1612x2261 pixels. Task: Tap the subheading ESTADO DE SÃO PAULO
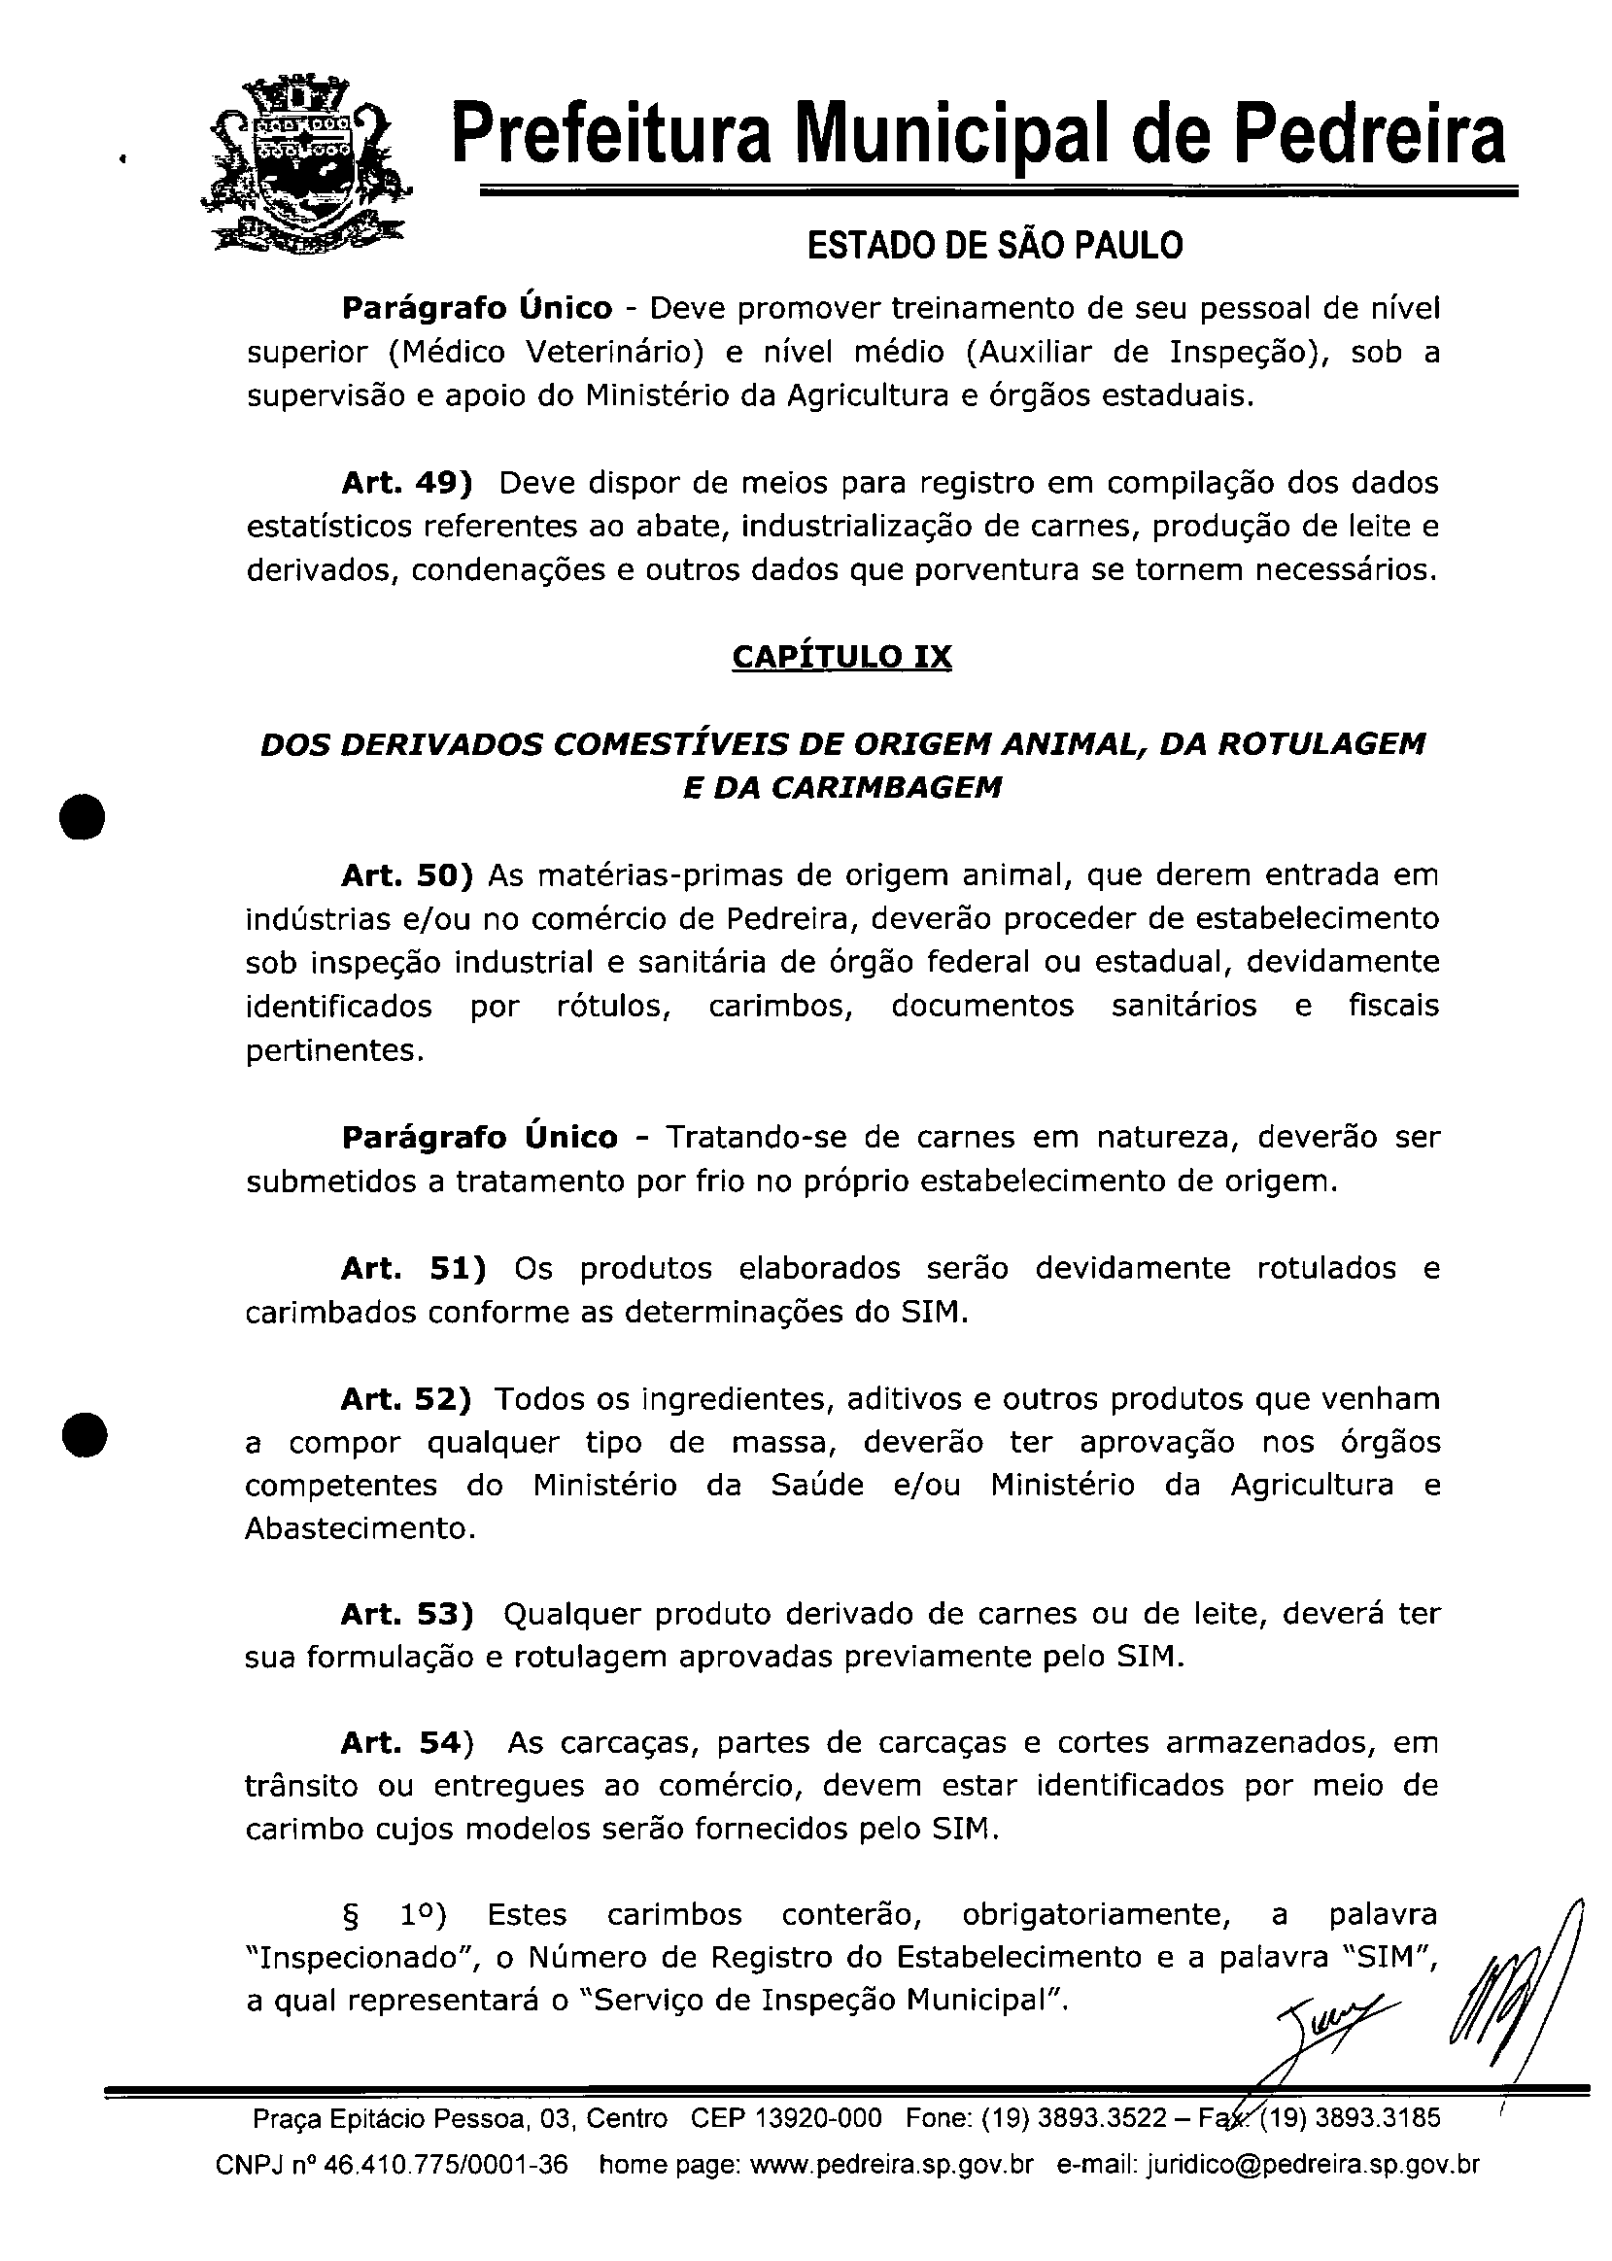(x=995, y=245)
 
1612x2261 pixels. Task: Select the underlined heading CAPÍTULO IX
(x=841, y=657)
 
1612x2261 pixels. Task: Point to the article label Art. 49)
(x=406, y=483)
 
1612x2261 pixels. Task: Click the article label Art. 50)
(x=407, y=875)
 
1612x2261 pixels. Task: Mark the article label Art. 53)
(x=407, y=1615)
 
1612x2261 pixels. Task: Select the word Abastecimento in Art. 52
(x=360, y=1528)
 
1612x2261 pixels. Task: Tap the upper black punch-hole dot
(x=83, y=817)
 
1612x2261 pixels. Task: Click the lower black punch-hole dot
(x=83, y=1432)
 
